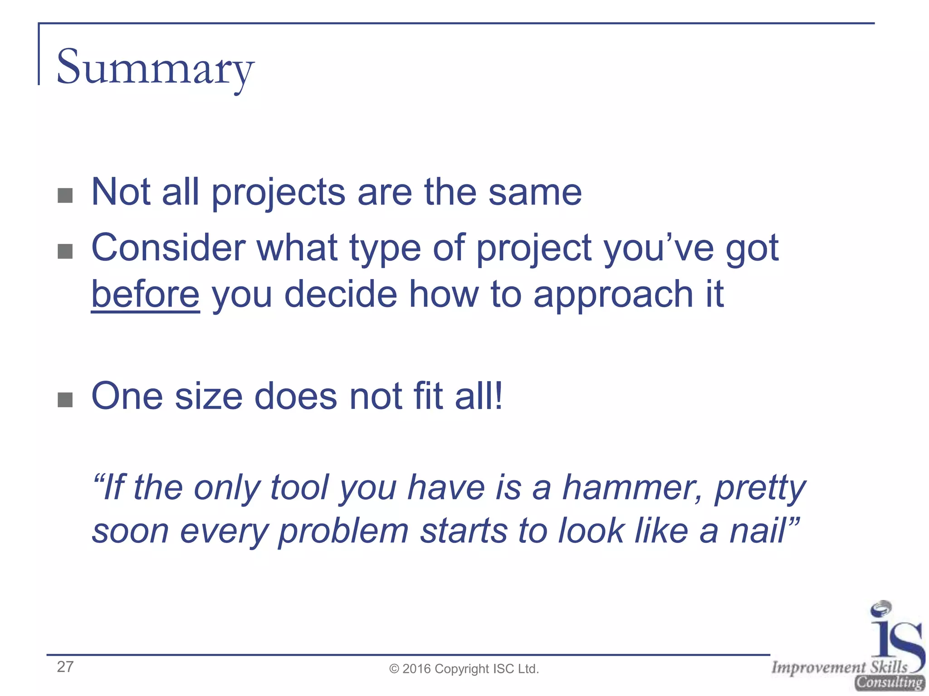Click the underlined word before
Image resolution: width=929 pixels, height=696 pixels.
click(x=145, y=295)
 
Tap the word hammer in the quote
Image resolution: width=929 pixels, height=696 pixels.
click(x=632, y=488)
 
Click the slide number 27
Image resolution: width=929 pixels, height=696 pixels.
click(x=65, y=667)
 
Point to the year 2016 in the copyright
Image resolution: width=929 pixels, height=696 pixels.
click(x=416, y=669)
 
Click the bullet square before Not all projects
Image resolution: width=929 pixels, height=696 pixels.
click(x=65, y=196)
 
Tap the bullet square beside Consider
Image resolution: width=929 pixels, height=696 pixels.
click(x=65, y=251)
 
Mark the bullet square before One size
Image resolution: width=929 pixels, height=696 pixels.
click(x=65, y=400)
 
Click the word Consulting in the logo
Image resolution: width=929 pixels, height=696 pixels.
click(x=889, y=682)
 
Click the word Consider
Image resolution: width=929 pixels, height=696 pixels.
click(x=168, y=248)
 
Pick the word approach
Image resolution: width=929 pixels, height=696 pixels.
click(x=613, y=295)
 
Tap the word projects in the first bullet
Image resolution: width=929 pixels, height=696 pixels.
click(x=278, y=193)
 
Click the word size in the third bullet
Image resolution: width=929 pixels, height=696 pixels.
click(x=209, y=396)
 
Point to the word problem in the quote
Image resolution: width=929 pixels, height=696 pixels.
click(x=343, y=531)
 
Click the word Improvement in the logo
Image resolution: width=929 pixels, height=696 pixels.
click(x=818, y=667)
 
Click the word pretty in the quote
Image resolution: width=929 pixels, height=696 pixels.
click(x=760, y=488)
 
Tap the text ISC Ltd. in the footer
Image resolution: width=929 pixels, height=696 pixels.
click(x=516, y=669)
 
